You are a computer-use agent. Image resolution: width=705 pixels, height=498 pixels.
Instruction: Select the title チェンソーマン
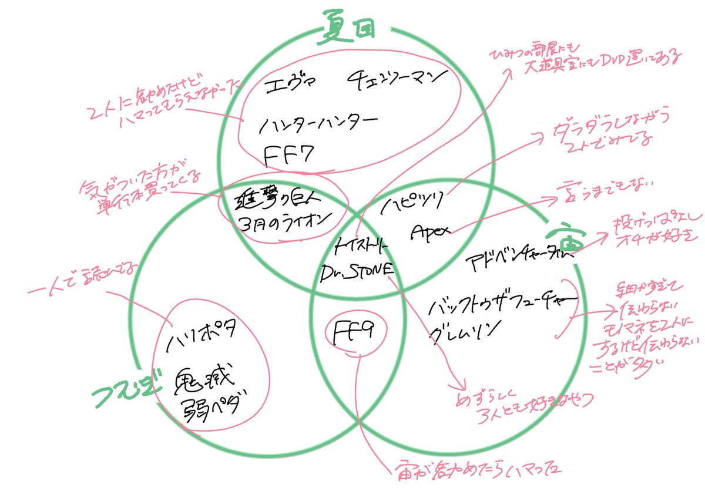394,79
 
